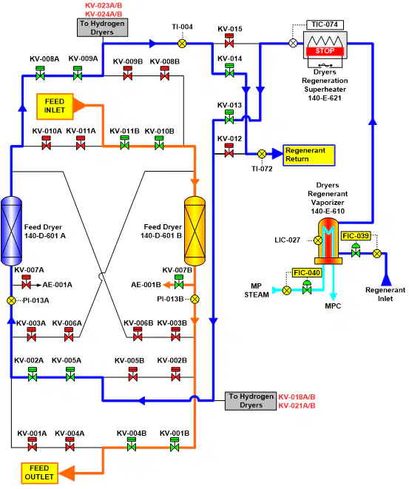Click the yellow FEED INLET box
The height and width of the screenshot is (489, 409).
(x=55, y=107)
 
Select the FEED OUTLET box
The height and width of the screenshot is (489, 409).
(x=39, y=473)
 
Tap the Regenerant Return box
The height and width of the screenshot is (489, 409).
(x=309, y=155)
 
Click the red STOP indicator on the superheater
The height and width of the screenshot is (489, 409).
(x=325, y=51)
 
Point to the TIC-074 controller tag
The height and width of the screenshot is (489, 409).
(x=325, y=24)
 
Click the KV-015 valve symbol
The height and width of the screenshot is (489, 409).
(x=229, y=41)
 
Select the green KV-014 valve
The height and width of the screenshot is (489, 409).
(x=229, y=70)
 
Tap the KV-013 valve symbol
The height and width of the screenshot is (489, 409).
(x=229, y=117)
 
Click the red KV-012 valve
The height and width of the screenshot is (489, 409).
(x=229, y=150)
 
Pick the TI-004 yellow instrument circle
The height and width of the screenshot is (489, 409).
(x=182, y=44)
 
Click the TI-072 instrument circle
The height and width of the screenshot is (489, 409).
(x=262, y=154)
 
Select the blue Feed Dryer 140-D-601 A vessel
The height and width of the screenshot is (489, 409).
(x=12, y=231)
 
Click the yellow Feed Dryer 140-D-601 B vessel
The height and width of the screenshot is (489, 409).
(x=195, y=231)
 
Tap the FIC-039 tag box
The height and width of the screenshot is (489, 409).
(x=356, y=236)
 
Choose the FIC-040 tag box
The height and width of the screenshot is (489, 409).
(x=307, y=272)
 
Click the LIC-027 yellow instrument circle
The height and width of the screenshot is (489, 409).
(x=318, y=240)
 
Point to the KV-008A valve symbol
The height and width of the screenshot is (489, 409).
(x=40, y=73)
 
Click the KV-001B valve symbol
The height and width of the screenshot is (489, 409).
(x=175, y=445)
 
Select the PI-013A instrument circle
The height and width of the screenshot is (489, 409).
(x=11, y=300)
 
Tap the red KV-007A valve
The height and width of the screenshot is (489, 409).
(x=27, y=282)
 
